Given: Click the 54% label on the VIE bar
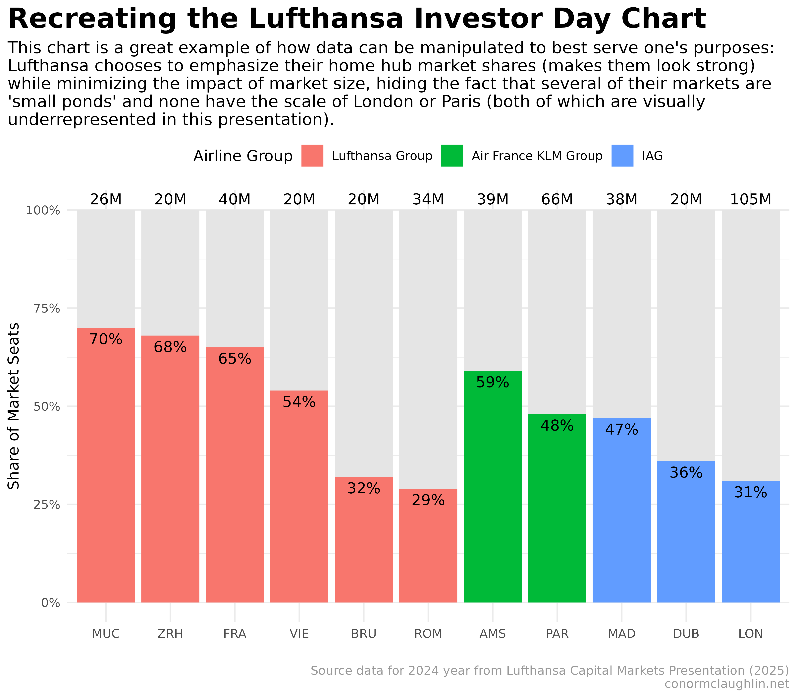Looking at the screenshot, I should (299, 402).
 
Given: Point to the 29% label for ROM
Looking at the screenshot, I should (428, 500).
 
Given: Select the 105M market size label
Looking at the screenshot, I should (750, 199).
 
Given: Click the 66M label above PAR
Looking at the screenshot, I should (557, 199).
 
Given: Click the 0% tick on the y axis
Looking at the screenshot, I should (51, 603).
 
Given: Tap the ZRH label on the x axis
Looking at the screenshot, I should (170, 634).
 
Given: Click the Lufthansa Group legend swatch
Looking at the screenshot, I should (312, 156).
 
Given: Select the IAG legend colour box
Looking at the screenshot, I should (622, 156).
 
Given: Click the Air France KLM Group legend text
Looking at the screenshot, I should (537, 156).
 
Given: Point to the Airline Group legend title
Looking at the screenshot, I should (243, 156).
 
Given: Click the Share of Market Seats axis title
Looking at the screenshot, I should (14, 406).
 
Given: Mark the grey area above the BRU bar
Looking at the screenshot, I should (363, 343).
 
